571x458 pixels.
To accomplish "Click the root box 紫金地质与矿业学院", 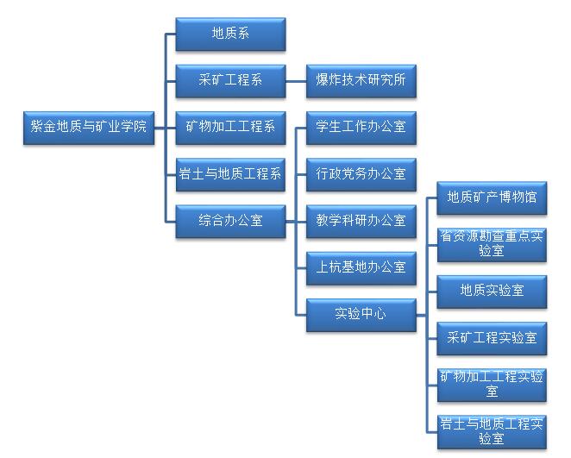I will click(88, 127).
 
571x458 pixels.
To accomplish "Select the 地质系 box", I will click(230, 35).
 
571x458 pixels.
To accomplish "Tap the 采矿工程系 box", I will click(230, 81).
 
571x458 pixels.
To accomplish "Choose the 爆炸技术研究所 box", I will click(361, 81).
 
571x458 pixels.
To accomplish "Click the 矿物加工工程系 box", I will click(230, 128).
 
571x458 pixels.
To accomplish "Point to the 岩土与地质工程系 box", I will click(230, 174).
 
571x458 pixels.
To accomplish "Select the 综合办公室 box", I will click(230, 221).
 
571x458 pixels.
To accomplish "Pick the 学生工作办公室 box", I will click(361, 128).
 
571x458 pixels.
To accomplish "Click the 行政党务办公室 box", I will click(361, 174).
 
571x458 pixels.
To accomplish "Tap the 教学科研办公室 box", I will click(361, 221).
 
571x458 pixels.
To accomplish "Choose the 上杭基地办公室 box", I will click(361, 267).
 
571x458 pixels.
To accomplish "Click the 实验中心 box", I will click(361, 314).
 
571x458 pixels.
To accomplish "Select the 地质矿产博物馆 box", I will click(492, 198).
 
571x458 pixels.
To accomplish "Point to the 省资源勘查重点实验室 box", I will click(492, 244).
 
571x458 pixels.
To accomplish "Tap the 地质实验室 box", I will click(492, 291).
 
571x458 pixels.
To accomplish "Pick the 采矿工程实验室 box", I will click(492, 337).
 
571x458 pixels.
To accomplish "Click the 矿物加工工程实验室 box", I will click(492, 384).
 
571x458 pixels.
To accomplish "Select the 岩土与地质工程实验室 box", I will click(492, 430).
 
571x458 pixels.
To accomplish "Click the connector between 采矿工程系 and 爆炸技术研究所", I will click(296, 81).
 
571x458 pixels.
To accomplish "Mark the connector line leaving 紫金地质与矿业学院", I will click(160, 128).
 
